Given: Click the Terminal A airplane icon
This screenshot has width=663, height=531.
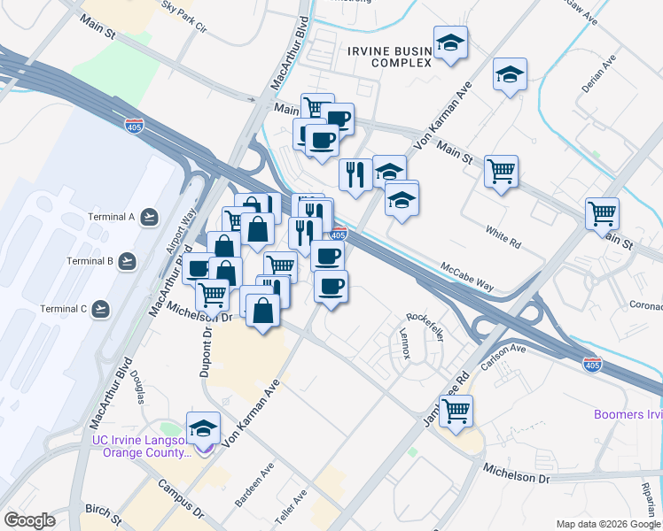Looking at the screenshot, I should (x=149, y=216).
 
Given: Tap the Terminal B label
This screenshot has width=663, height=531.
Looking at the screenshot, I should (x=90, y=261).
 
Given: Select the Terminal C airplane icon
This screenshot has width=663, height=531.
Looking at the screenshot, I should (x=100, y=309).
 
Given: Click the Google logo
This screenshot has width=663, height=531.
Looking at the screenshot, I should (x=29, y=520).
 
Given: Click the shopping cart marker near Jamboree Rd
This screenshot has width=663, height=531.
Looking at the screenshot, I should (x=456, y=410).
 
